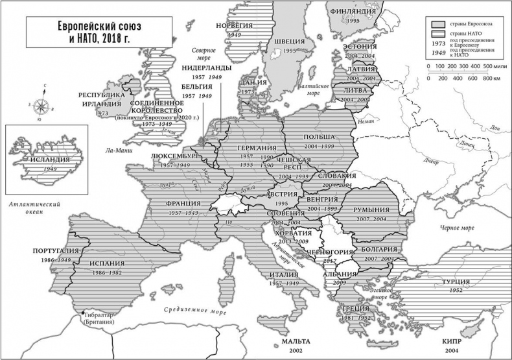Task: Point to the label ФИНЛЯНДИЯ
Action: point(353,12)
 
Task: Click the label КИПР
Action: point(456,340)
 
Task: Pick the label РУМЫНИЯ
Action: point(371,210)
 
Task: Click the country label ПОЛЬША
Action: point(318,137)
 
